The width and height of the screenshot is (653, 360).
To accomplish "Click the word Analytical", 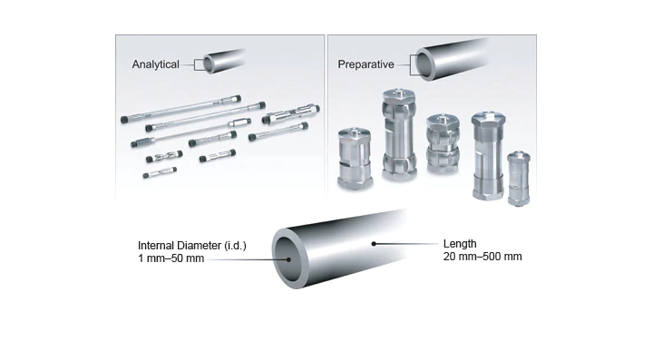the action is click(155, 64).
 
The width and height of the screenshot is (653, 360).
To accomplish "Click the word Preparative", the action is click(365, 64).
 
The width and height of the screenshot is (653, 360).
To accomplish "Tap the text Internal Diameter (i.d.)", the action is click(192, 246).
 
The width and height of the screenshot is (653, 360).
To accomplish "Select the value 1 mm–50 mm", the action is click(171, 258).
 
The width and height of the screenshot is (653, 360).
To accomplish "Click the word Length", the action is click(460, 244).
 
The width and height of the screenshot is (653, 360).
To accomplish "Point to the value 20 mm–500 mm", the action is click(482, 257).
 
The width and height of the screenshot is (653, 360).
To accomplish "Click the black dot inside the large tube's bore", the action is click(288, 259).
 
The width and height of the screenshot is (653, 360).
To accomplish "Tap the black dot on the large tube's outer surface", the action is click(374, 244).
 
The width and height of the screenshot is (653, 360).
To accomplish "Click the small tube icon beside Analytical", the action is click(224, 62).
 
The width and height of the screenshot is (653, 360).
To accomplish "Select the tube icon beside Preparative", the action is click(452, 59).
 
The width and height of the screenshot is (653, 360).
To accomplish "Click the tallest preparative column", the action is click(399, 134).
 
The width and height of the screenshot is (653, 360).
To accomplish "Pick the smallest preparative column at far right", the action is click(519, 179).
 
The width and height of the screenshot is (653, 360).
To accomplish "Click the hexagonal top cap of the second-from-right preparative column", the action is click(488, 119).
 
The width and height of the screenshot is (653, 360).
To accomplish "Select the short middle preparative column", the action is click(443, 143).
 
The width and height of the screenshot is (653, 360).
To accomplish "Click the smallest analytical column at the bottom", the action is click(160, 172).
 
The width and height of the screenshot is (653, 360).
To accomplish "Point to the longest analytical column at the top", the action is click(180, 109).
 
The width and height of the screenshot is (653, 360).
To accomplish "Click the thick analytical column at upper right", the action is click(291, 114).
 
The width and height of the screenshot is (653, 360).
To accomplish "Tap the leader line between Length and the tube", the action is click(406, 244).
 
